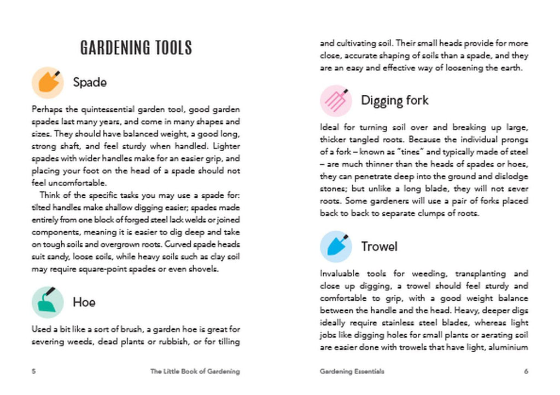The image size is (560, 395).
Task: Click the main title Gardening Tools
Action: (x=136, y=48)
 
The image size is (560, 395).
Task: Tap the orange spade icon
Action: (x=48, y=82)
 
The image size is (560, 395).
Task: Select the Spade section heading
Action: (x=90, y=83)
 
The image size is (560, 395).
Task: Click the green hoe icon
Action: (x=48, y=302)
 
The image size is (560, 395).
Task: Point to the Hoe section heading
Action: (x=84, y=302)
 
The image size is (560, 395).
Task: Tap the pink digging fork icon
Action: (x=335, y=100)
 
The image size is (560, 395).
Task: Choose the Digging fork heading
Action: (x=394, y=100)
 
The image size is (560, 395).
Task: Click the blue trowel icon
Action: (x=335, y=247)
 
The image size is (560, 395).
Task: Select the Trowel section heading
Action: (x=379, y=247)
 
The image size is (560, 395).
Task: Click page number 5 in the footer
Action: (x=34, y=371)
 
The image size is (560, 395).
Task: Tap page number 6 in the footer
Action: (x=526, y=371)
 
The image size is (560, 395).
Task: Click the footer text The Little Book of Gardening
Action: (x=195, y=371)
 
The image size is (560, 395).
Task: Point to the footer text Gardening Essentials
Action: (x=352, y=371)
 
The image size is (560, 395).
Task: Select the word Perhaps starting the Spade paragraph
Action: (x=45, y=110)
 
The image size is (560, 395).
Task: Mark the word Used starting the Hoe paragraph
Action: (x=41, y=329)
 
